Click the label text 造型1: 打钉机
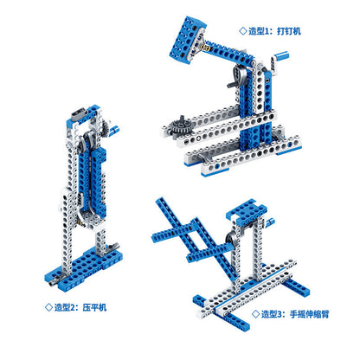tap(274, 31)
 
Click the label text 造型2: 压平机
tap(80, 307)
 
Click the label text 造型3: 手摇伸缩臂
tap(295, 314)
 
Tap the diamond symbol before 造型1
tap(243, 31)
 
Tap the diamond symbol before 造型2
tap(49, 307)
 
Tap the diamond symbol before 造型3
tap(256, 313)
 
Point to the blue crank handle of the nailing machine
tap(281, 55)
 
